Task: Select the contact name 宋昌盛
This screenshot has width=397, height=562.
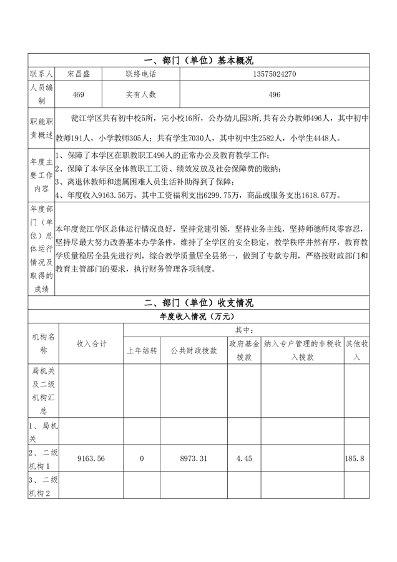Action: pyautogui.click(x=79, y=74)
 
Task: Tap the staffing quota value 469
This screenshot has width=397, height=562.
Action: pyautogui.click(x=79, y=94)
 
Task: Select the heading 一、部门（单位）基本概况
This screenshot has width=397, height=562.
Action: pyautogui.click(x=198, y=61)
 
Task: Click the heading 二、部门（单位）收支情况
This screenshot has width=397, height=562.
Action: pyautogui.click(x=198, y=303)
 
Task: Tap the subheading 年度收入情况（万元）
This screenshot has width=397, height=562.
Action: pyautogui.click(x=198, y=317)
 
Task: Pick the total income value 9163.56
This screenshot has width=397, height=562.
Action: pyautogui.click(x=91, y=458)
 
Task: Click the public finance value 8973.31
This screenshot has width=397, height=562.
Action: pyautogui.click(x=194, y=458)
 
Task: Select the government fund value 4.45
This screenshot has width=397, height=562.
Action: pyautogui.click(x=244, y=458)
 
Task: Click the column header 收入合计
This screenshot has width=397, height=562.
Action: pyautogui.click(x=91, y=344)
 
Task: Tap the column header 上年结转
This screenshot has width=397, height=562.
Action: pyautogui.click(x=142, y=351)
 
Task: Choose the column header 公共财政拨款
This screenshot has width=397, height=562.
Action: pyautogui.click(x=194, y=351)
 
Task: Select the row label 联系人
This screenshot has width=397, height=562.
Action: pyautogui.click(x=42, y=74)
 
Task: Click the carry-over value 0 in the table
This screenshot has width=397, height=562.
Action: pyautogui.click(x=142, y=458)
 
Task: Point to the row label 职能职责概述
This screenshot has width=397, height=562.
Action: pyautogui.click(x=42, y=128)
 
